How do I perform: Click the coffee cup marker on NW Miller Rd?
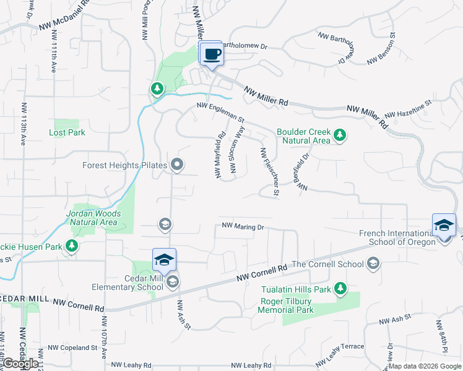coord(211,54)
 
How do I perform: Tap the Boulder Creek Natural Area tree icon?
coord(339,134)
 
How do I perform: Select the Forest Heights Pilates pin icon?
coord(177,165)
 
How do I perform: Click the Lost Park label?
coord(67,132)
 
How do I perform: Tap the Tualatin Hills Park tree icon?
coord(340,288)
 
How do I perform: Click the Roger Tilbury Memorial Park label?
coord(286,305)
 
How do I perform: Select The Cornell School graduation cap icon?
coord(373,264)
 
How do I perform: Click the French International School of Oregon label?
coord(397,237)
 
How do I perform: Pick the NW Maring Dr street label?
coord(243,227)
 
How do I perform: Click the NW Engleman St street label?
coord(221,108)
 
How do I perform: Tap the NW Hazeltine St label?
coord(407,111)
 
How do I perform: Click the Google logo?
coord(20,363)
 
